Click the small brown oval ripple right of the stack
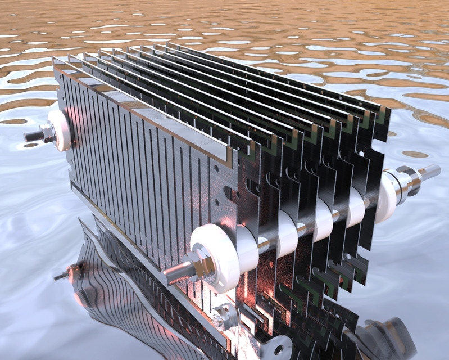coord(415,154)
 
